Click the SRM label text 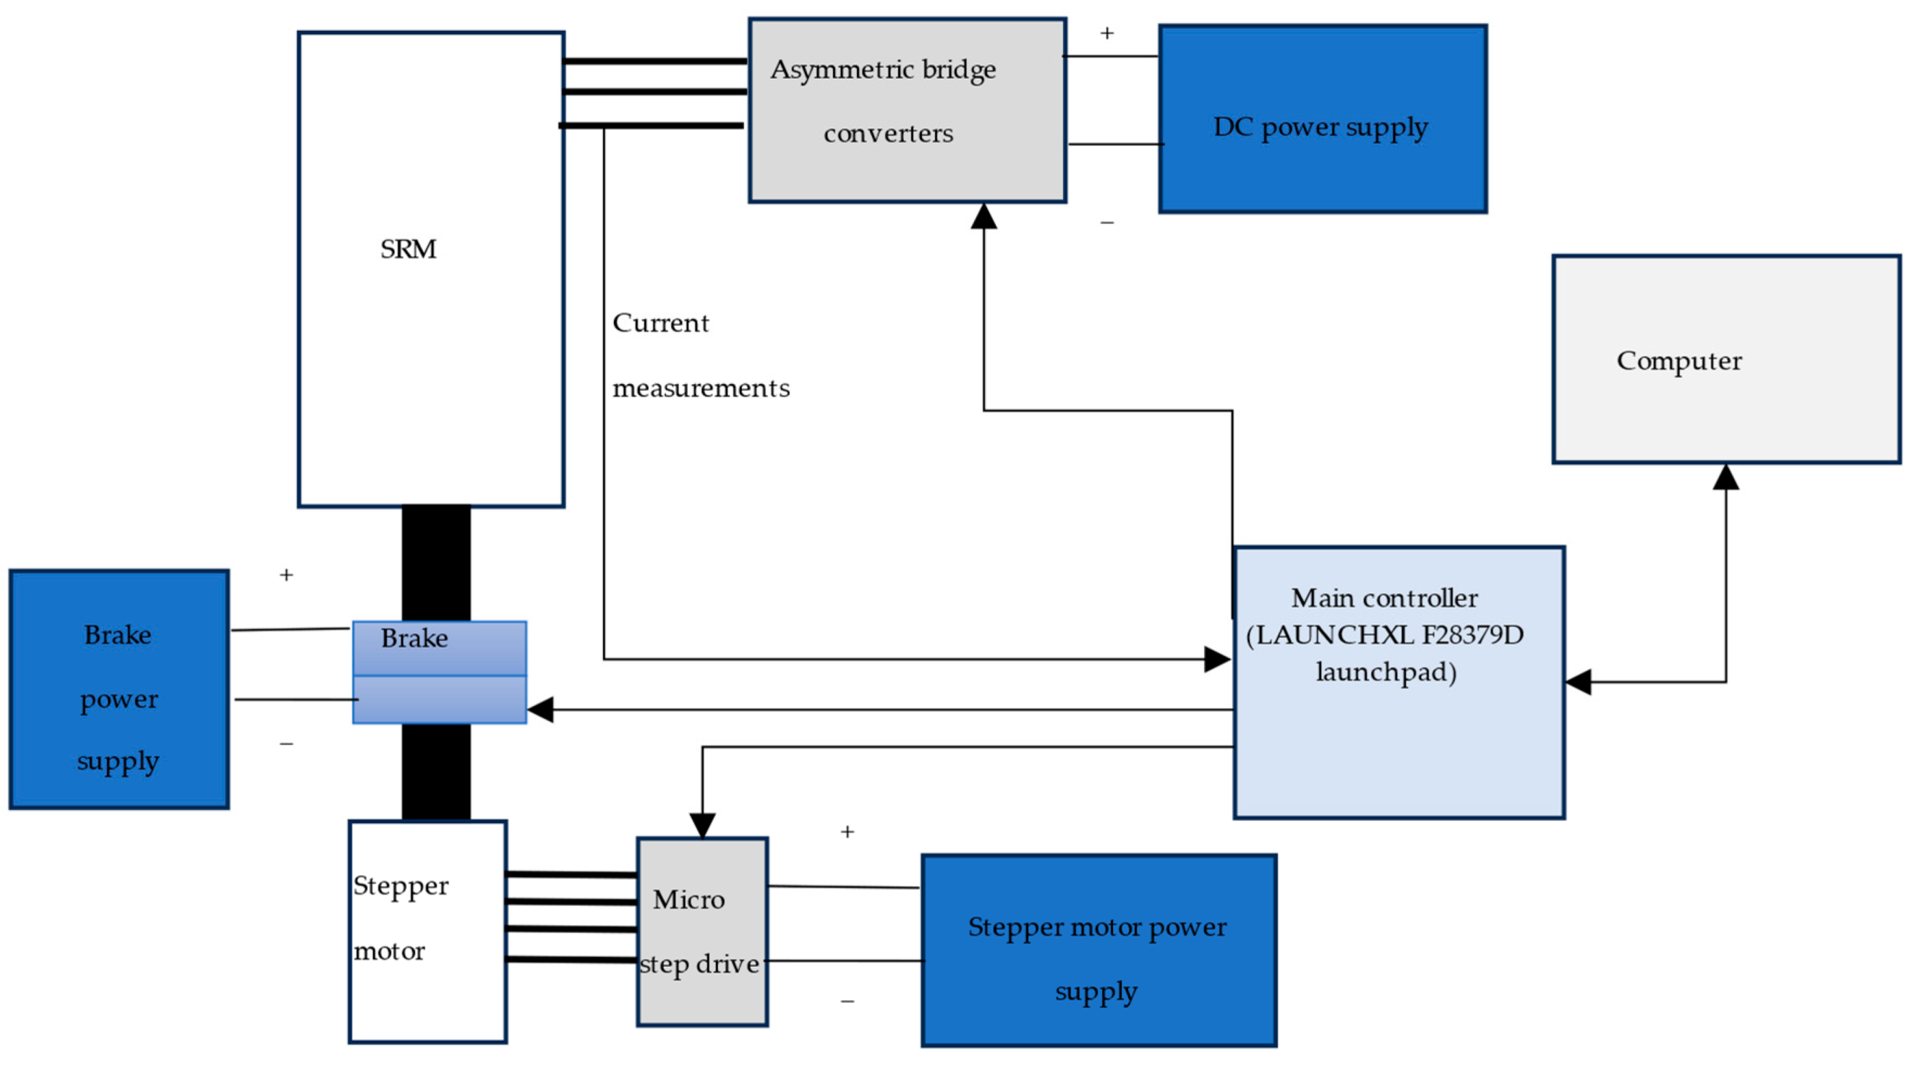409,250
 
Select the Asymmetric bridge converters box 908,111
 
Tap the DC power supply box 1323,119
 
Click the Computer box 1726,359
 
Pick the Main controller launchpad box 1399,683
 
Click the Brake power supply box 119,689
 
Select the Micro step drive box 702,931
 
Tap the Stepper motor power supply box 1098,950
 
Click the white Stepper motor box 428,931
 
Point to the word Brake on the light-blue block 414,639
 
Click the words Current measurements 701,355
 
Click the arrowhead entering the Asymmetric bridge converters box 983,216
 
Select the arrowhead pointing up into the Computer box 1725,477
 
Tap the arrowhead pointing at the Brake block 539,709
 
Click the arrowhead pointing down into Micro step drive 702,825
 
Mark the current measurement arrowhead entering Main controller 1217,658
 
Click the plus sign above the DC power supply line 1106,33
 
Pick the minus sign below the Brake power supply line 286,743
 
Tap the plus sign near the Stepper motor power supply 847,832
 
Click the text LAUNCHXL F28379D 1385,635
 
